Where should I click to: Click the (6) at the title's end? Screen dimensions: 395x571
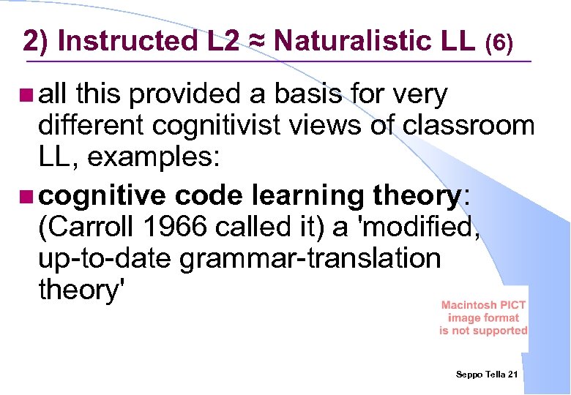[x=499, y=44]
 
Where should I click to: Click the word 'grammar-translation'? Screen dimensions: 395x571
[x=310, y=258]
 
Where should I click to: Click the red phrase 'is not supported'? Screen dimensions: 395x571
[x=483, y=331]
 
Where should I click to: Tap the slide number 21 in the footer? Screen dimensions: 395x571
[x=512, y=375]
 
